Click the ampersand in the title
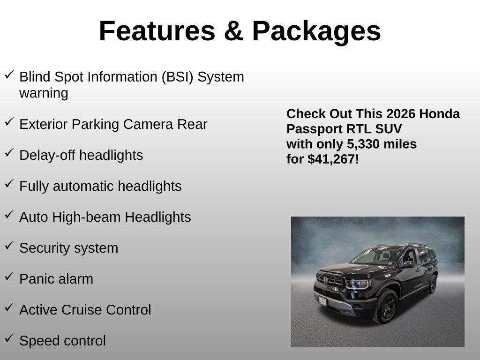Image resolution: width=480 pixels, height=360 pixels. click(x=233, y=31)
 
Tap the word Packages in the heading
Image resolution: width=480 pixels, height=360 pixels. click(x=316, y=31)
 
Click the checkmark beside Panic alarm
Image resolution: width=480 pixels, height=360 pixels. click(x=9, y=277)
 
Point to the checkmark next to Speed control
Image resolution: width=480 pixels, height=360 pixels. click(x=9, y=338)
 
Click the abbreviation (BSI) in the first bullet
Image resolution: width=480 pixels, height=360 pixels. click(x=178, y=77)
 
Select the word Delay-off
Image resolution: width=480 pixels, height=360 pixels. click(x=47, y=155)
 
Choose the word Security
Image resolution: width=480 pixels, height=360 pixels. click(x=45, y=248)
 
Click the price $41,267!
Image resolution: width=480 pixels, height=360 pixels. click(x=333, y=159)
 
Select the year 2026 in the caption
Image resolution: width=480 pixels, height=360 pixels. click(x=401, y=114)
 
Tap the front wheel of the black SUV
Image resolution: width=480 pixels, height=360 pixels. click(x=386, y=306)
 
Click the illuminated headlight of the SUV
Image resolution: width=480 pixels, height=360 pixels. click(x=357, y=284)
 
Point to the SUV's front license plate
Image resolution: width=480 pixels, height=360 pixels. click(x=323, y=301)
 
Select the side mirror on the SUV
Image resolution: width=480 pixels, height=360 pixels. click(x=409, y=264)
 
